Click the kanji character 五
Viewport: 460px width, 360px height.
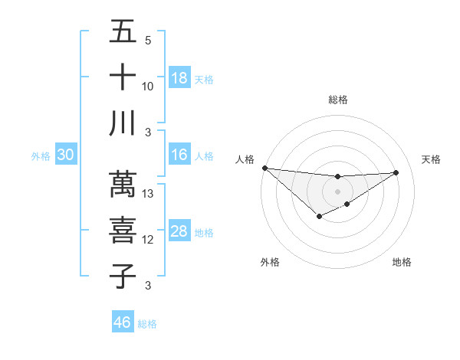click(x=123, y=32)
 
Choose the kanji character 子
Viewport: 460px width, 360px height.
click(x=123, y=276)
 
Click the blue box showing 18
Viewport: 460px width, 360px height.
click(x=179, y=78)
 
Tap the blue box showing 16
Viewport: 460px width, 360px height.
click(x=179, y=155)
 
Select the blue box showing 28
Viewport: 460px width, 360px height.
click(x=179, y=232)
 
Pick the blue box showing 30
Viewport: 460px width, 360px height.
click(x=66, y=155)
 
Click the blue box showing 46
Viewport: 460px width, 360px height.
click(x=123, y=322)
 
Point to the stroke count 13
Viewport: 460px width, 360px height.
click(x=149, y=194)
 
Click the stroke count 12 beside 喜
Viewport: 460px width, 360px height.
click(x=149, y=240)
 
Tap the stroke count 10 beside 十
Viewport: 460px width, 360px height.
click(x=149, y=86)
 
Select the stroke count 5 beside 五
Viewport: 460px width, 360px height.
click(x=148, y=41)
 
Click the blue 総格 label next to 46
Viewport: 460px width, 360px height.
click(x=147, y=324)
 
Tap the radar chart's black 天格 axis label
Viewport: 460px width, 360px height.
click(x=431, y=159)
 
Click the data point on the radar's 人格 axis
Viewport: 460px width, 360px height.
click(x=264, y=168)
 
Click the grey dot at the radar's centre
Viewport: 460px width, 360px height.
click(x=337, y=191)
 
